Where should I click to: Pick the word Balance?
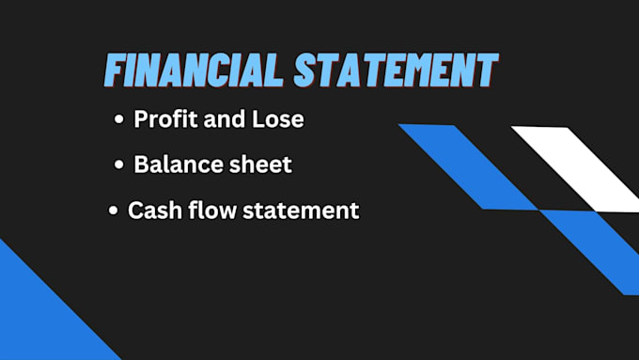point(175,164)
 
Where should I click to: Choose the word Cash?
point(154,210)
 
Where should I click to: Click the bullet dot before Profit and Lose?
point(118,121)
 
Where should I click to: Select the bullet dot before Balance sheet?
point(118,165)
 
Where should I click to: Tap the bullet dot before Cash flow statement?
point(114,211)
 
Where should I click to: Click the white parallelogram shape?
point(578,167)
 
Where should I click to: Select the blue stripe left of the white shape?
point(467,166)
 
